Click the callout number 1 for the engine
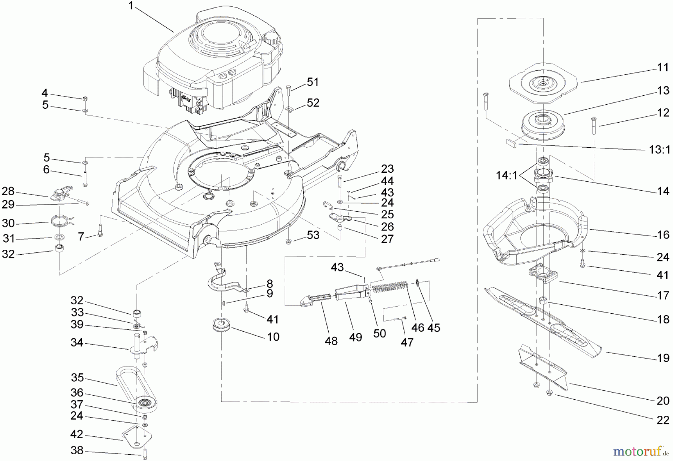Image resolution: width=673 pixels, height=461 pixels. [x=131, y=6]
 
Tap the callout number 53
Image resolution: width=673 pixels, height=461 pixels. [x=313, y=235]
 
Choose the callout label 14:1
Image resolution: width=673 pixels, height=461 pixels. [x=507, y=175]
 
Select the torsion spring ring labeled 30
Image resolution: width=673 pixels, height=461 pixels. [x=61, y=221]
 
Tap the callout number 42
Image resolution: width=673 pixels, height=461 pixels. [x=77, y=435]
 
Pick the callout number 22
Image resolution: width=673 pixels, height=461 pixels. [x=663, y=420]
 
